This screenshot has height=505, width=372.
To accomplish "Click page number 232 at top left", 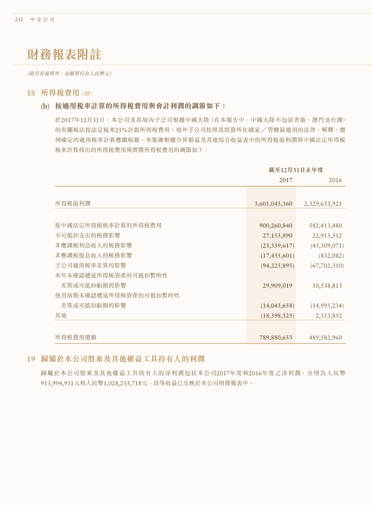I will tap(19, 19).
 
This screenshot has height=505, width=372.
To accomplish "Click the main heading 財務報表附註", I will tap(64, 54).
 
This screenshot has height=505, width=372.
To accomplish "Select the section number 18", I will tap(31, 93).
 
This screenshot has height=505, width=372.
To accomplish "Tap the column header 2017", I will tap(286, 180).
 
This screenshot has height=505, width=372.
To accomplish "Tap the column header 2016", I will tap(335, 180).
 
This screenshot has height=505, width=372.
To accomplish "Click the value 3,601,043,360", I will tap(273, 204).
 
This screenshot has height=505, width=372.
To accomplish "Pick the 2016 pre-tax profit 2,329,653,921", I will tap(323, 204).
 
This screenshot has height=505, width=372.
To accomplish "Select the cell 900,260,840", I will tap(276, 226).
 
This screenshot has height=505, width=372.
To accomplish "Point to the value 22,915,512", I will tap(327, 236).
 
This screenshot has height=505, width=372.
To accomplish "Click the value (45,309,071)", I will tap(327, 246).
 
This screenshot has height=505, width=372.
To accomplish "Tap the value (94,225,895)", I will tap(277, 266).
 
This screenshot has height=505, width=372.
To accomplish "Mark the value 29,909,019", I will tap(277, 286).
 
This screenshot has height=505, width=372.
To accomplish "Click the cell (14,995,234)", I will tap(327, 306).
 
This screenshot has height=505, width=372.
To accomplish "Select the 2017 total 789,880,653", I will tap(276, 338).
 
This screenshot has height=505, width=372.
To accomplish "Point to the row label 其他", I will tap(61, 316).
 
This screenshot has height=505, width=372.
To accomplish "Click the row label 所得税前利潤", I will tap(73, 204).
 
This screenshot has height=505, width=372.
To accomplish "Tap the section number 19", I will tap(31, 359).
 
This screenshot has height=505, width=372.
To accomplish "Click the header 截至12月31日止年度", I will tap(296, 170).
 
